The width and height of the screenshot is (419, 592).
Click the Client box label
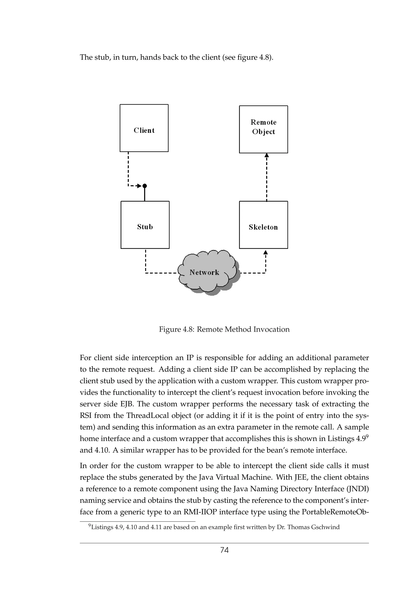pos(144,131)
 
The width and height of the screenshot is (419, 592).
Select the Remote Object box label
pos(263,127)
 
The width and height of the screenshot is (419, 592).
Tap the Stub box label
pos(145,227)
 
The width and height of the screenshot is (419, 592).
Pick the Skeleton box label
pos(263,227)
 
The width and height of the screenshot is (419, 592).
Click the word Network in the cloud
pos(204,273)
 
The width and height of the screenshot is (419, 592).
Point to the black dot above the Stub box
pos(145,186)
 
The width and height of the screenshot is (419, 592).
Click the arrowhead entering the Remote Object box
pos(267,155)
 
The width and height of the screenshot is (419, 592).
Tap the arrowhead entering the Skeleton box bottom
pos(265,252)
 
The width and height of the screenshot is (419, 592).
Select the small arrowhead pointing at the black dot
pos(140,186)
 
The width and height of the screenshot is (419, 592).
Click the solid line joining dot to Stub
pos(145,194)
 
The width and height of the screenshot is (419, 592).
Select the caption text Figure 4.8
pos(176,329)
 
